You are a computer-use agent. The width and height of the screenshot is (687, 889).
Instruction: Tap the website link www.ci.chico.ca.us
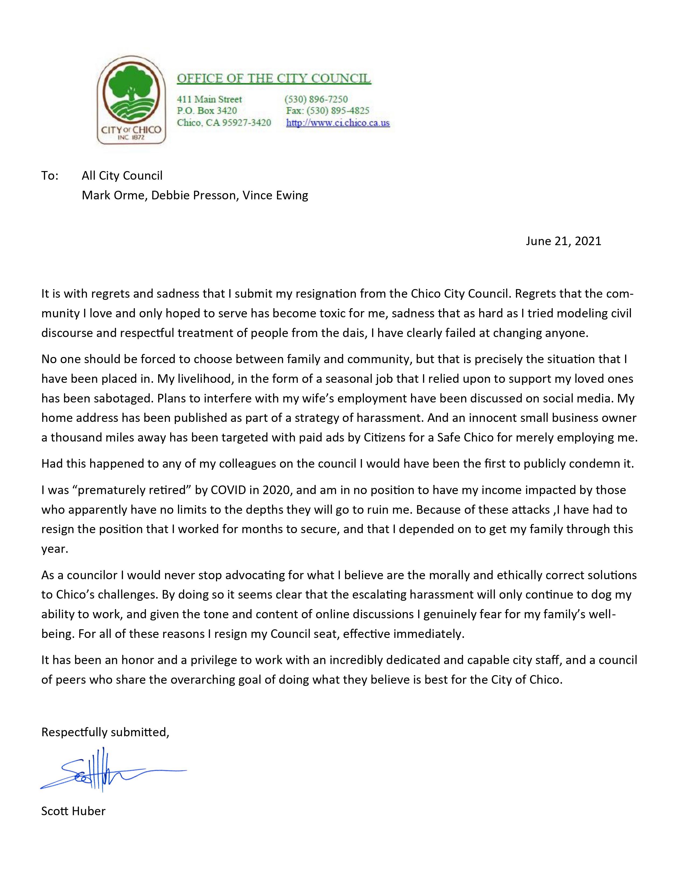click(x=338, y=123)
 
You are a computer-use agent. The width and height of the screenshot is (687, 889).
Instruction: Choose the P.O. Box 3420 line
click(x=207, y=111)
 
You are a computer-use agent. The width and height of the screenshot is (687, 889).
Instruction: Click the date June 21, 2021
click(x=563, y=241)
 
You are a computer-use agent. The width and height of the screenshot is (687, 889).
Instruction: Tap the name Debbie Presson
click(x=193, y=195)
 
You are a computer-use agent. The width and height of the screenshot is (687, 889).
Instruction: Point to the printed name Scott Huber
click(x=73, y=811)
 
